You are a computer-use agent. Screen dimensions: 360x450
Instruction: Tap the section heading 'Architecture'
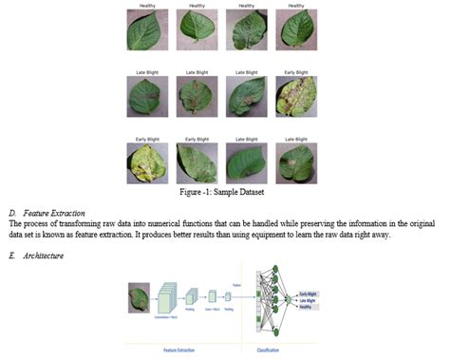[x=45, y=255]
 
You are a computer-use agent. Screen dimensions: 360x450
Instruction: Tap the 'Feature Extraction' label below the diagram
[x=181, y=350]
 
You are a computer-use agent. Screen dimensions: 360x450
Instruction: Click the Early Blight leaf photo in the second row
[x=295, y=97]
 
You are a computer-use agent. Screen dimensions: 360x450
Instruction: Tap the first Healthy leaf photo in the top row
[x=145, y=31]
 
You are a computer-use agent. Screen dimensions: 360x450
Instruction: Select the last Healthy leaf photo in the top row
[x=295, y=31]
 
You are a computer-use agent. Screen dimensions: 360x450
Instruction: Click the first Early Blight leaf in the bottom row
[x=145, y=162]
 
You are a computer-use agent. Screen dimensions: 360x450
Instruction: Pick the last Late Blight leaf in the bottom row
[x=295, y=162]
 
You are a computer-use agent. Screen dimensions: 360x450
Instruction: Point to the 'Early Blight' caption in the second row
[x=295, y=72]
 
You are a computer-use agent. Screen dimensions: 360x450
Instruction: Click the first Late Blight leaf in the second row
[x=145, y=97]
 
